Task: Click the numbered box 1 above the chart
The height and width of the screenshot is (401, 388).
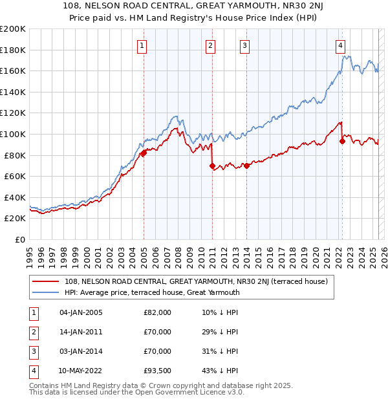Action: pyautogui.click(x=142, y=45)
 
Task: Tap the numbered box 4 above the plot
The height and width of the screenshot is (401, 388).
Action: pyautogui.click(x=340, y=45)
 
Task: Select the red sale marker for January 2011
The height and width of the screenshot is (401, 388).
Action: pyautogui.click(x=212, y=166)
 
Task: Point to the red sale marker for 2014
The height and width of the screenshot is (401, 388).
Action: pyautogui.click(x=246, y=166)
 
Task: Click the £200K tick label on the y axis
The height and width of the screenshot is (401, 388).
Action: pyautogui.click(x=13, y=29)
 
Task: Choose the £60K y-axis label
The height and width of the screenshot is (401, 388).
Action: pyautogui.click(x=15, y=176)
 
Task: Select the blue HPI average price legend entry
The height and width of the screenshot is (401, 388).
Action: pyautogui.click(x=152, y=292)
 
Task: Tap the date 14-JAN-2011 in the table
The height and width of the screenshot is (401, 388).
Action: pyautogui.click(x=81, y=332)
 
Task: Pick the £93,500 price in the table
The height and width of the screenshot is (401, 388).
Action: pyautogui.click(x=158, y=371)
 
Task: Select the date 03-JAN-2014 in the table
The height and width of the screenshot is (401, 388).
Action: pyautogui.click(x=81, y=351)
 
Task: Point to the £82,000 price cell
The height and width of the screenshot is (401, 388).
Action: pyautogui.click(x=158, y=312)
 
